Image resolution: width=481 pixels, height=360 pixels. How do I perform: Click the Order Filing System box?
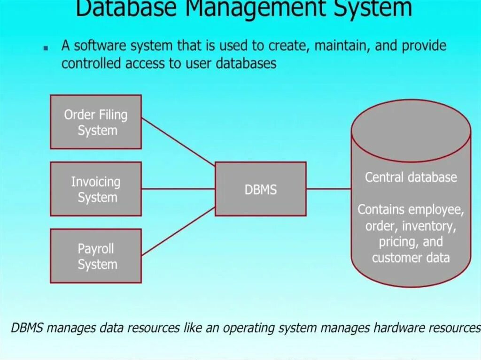96,122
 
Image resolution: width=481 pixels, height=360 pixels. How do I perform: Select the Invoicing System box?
96,189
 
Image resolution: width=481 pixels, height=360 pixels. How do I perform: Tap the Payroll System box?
96,256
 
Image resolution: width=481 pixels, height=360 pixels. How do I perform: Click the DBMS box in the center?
261,189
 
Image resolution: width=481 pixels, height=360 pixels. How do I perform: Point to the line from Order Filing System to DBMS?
178,142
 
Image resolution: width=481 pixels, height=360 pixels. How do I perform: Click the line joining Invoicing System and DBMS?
178,189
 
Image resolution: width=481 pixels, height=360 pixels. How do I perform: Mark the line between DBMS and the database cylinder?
329,189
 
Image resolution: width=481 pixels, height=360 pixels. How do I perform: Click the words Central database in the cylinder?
411,177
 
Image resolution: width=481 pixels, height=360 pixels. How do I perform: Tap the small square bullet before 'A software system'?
45,48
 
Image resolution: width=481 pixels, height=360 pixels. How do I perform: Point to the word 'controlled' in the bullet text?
92,63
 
